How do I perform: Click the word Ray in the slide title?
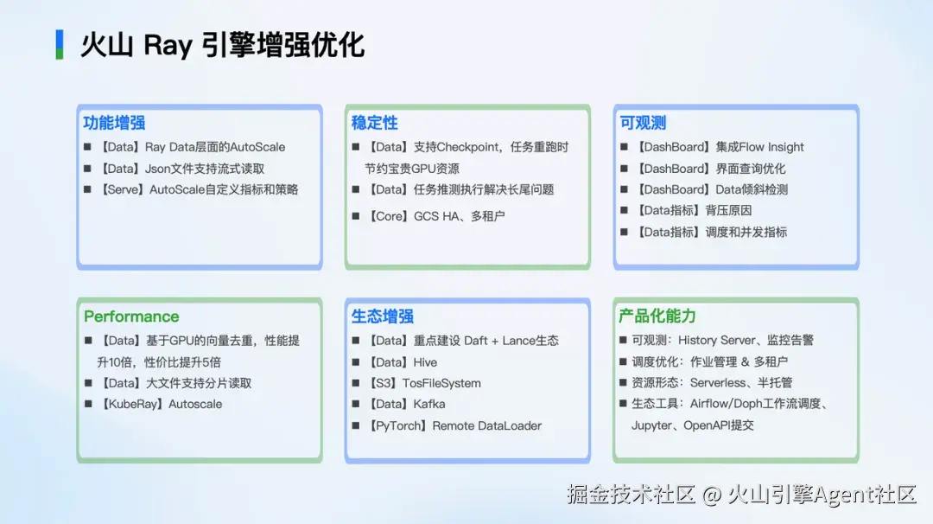(168, 46)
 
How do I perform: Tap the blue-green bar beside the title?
(60, 45)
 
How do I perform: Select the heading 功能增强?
(114, 123)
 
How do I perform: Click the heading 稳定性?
(374, 123)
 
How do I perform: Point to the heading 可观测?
(643, 123)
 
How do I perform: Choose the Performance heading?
(131, 316)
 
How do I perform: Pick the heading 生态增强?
(382, 316)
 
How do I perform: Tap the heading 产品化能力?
(657, 316)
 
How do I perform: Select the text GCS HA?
(437, 216)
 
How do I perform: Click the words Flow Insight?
(771, 147)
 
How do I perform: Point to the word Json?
(158, 169)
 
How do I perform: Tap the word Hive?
(425, 362)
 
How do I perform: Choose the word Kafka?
(429, 404)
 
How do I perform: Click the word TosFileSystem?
(441, 383)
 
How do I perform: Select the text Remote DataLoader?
(486, 425)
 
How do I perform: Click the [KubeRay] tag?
(131, 404)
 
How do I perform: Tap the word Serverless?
(718, 382)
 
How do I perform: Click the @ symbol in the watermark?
(712, 495)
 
